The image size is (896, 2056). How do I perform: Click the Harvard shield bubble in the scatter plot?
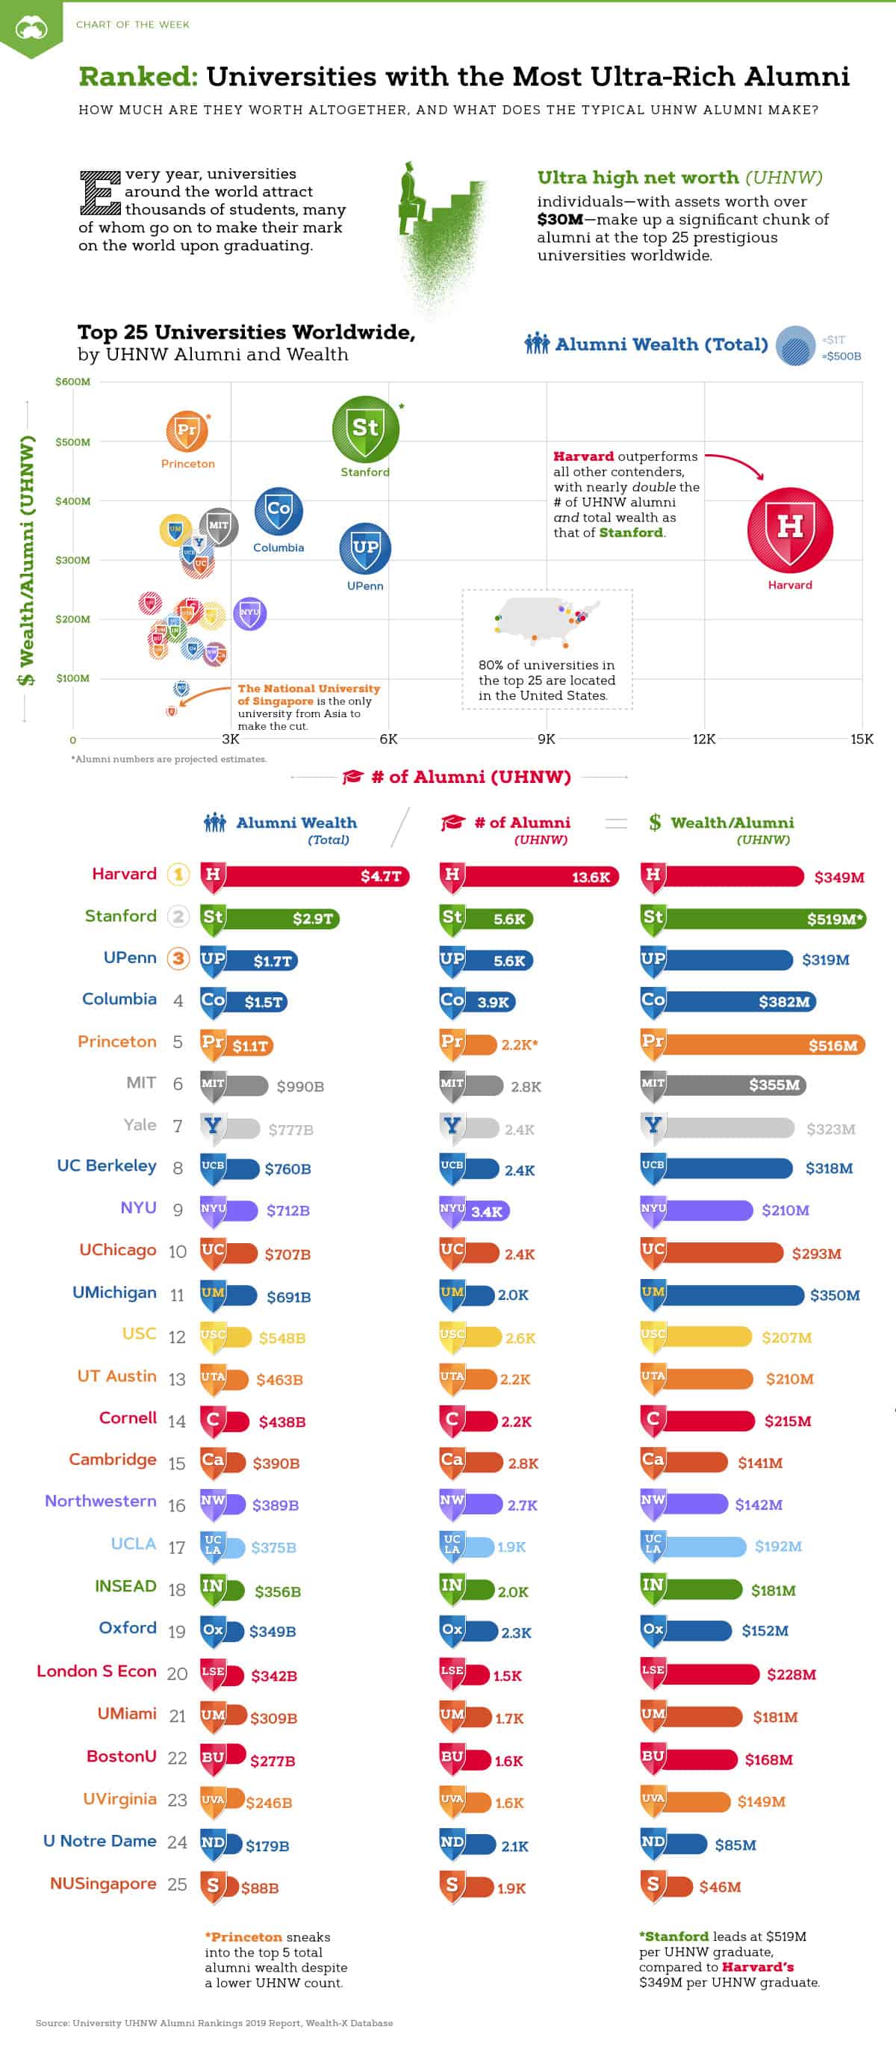click(790, 530)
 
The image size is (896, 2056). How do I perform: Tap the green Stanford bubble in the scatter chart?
click(365, 429)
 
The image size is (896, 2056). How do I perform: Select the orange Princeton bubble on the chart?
click(187, 431)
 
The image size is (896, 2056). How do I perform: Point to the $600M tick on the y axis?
click(72, 382)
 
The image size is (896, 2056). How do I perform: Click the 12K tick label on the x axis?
click(703, 739)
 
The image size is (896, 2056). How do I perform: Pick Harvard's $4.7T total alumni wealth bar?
click(305, 876)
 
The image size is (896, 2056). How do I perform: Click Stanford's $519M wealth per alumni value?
click(834, 919)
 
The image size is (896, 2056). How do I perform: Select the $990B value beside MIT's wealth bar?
click(300, 1086)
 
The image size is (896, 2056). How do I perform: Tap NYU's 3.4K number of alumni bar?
click(476, 1211)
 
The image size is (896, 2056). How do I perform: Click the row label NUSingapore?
click(103, 1883)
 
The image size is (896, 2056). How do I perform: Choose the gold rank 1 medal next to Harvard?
click(178, 875)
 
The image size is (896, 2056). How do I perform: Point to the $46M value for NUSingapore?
click(720, 1887)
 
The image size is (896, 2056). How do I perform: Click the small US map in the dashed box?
click(547, 619)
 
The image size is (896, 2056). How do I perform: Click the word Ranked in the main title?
click(137, 77)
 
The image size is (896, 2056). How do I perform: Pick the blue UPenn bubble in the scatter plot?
click(365, 548)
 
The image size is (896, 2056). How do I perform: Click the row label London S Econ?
click(96, 1670)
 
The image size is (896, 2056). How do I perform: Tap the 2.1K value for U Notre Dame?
click(514, 1845)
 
